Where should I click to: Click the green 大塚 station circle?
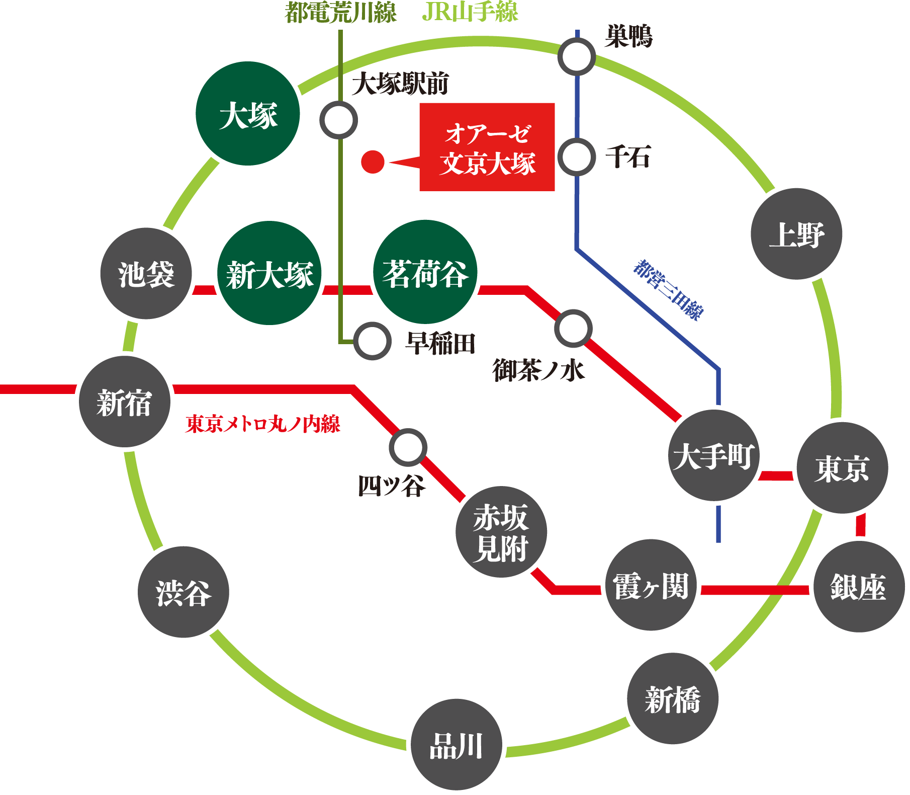[248, 114]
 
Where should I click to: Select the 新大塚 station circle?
[269, 273]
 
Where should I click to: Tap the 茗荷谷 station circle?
[425, 272]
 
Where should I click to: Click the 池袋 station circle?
[146, 273]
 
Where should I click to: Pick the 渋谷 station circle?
[184, 592]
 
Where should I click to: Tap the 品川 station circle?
[457, 744]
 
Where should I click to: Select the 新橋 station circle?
[673, 698]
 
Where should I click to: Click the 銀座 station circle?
[859, 587]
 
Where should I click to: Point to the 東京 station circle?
[842, 468]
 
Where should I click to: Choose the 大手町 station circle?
[714, 455]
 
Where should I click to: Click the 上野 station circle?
[796, 234]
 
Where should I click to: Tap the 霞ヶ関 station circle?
[651, 585]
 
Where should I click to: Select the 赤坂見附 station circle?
[501, 532]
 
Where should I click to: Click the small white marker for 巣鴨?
[577, 57]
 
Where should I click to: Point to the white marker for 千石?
[577, 157]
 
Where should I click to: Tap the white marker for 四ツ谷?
[408, 447]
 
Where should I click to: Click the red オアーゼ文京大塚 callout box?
[487, 147]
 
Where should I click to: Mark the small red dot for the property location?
[373, 162]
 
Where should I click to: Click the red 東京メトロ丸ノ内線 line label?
[263, 424]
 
